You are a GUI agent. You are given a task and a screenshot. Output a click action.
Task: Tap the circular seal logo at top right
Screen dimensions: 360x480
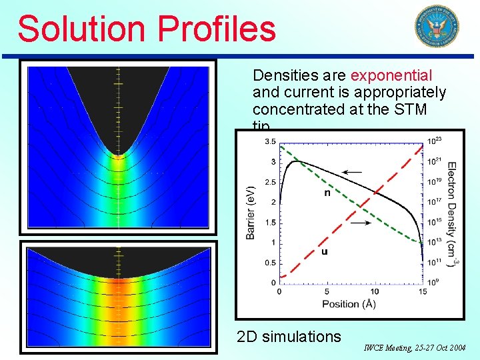coord(437,26)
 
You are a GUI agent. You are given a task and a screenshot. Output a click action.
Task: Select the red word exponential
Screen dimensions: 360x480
coord(391,76)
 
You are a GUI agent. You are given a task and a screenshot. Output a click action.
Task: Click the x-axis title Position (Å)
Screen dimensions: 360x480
coord(349,304)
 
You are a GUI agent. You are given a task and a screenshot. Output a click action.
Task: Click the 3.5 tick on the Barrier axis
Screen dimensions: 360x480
coord(270,141)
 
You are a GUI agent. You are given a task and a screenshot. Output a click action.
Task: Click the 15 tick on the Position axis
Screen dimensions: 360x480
coord(422,292)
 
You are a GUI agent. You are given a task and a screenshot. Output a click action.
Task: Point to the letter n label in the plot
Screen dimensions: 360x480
coord(327,193)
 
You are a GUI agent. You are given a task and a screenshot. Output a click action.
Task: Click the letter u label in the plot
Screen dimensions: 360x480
coord(324,251)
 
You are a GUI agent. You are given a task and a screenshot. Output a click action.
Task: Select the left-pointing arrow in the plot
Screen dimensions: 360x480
coord(352,171)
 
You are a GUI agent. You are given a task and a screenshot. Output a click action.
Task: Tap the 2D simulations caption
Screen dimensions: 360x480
coord(289,337)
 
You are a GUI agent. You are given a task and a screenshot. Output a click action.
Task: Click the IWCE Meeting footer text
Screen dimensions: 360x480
coord(415,347)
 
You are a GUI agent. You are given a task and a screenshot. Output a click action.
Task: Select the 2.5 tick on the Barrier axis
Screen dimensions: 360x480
coord(270,182)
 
